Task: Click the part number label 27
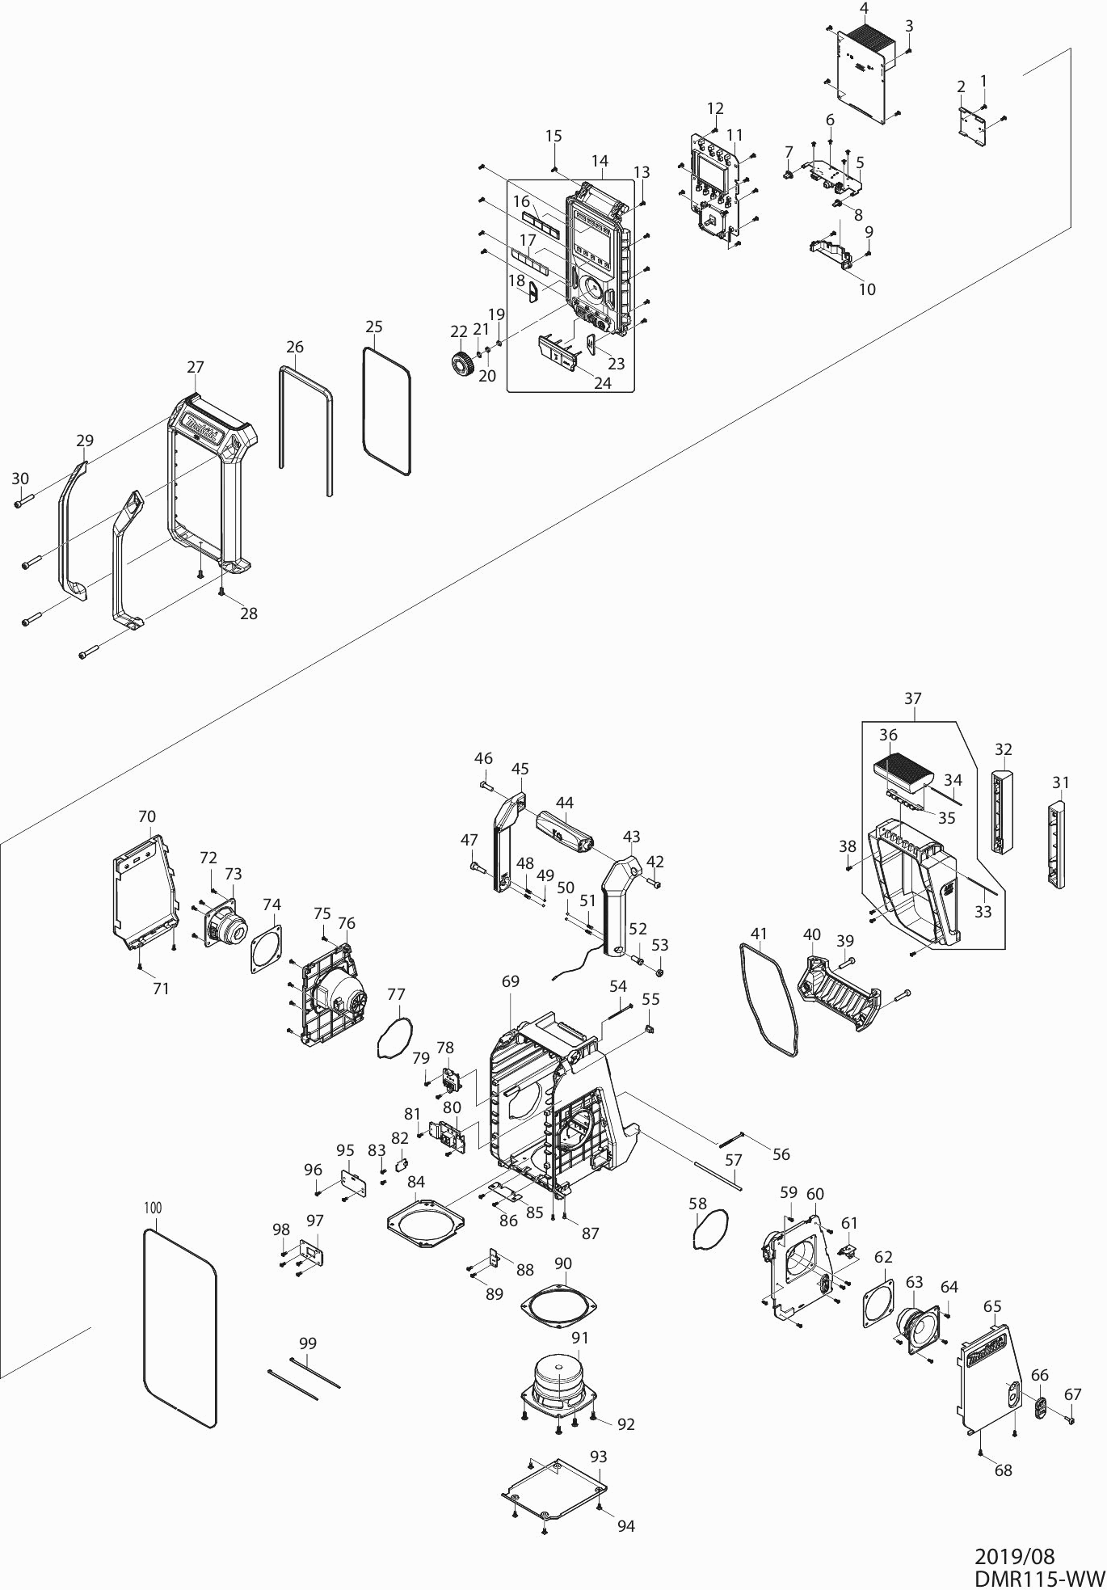(x=196, y=367)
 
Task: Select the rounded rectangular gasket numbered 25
(x=386, y=410)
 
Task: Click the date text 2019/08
(x=1014, y=1557)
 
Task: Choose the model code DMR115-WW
(x=1038, y=1578)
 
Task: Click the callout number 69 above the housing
(x=510, y=982)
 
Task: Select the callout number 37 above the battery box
(x=912, y=698)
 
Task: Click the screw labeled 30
(x=21, y=502)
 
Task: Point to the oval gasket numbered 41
(x=769, y=1000)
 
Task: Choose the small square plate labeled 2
(x=973, y=126)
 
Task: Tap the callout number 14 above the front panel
(x=600, y=162)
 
